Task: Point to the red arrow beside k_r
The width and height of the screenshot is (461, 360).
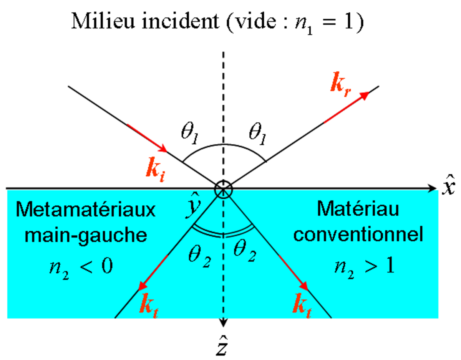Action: click(346, 107)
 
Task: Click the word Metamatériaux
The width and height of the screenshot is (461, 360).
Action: click(86, 210)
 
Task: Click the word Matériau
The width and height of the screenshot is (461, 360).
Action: click(358, 209)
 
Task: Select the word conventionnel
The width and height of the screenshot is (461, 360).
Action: click(358, 234)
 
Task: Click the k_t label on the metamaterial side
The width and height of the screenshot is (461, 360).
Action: click(149, 306)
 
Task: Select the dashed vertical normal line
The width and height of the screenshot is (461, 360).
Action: click(223, 269)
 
